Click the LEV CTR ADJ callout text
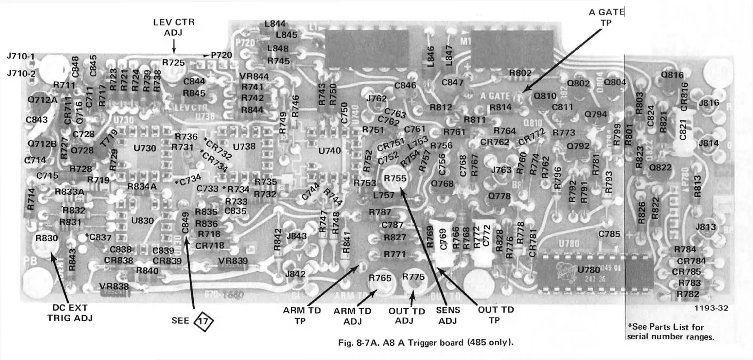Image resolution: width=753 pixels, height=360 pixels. [174, 27]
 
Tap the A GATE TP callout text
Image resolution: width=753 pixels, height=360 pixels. [607, 17]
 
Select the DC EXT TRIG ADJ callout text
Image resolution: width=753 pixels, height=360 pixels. [70, 313]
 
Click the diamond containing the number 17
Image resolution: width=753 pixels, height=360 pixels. [203, 321]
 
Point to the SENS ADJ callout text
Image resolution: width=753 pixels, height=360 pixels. [448, 315]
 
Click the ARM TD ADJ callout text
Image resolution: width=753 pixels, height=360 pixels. [352, 316]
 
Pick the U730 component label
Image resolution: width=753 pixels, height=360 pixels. [145, 148]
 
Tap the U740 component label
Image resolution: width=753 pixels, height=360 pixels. [329, 151]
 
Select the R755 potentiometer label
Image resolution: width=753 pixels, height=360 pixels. [395, 178]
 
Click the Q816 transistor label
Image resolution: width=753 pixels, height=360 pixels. [672, 75]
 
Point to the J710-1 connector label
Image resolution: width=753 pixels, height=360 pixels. [21, 56]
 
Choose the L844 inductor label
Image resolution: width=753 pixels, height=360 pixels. [275, 24]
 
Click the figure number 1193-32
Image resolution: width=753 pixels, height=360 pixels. [711, 308]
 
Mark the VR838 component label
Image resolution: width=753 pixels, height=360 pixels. [114, 287]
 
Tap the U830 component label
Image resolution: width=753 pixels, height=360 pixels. [142, 221]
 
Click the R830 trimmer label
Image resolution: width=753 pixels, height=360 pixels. [47, 238]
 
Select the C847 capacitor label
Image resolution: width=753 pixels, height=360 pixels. [452, 83]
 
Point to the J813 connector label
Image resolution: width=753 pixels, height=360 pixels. [705, 227]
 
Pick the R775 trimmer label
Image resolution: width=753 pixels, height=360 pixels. [413, 277]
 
